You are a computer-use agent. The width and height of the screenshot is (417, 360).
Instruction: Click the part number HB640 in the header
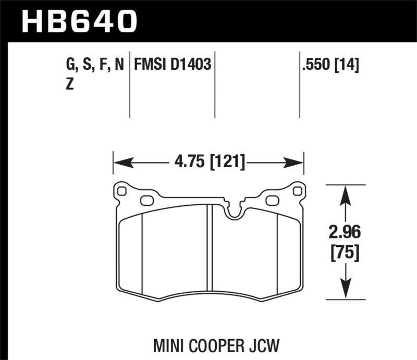(x=78, y=22)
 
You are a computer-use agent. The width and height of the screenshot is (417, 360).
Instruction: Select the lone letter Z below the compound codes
(x=70, y=86)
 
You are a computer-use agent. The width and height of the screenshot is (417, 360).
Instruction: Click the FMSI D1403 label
(x=173, y=65)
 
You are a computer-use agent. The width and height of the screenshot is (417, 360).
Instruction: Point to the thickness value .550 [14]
(x=329, y=65)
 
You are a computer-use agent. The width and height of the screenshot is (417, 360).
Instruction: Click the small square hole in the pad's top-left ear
(x=122, y=191)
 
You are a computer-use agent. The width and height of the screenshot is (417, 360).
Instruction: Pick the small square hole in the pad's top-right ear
(x=297, y=191)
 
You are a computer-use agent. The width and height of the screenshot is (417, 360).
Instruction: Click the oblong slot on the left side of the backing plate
(x=146, y=200)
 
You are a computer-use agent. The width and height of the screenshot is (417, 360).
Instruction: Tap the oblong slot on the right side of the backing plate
(x=272, y=200)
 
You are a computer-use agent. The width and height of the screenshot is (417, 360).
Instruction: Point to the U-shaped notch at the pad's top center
(x=234, y=211)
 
